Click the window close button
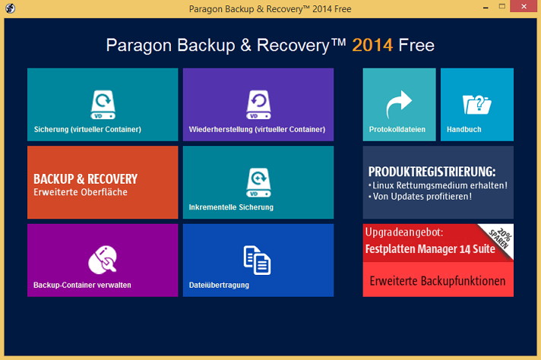524,7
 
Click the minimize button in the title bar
486,8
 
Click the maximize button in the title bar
502,6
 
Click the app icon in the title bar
11,8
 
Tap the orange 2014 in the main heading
372,45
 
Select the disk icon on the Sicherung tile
103,105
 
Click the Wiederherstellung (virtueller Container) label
257,129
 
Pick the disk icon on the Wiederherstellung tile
258,105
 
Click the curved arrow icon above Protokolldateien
399,104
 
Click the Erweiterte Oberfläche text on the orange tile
81,192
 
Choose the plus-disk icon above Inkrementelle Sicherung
258,183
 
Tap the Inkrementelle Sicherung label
231,207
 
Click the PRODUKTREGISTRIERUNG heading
432,172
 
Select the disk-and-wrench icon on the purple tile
103,260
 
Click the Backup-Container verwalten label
82,285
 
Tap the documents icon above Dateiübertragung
257,261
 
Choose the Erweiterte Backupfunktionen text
438,281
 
